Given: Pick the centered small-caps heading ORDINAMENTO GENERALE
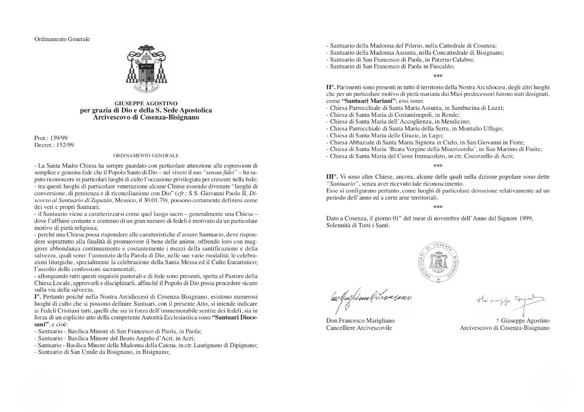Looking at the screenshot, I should coord(146,156).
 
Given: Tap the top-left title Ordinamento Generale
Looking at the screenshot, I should coord(62,39).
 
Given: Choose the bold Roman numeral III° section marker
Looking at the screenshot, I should coord(331,177).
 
